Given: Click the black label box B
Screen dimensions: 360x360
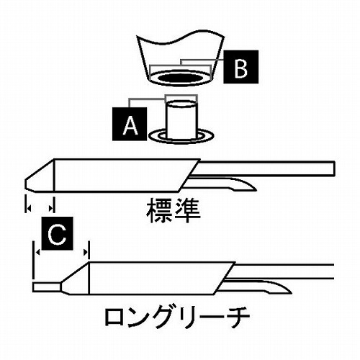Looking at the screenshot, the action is pyautogui.click(x=240, y=67).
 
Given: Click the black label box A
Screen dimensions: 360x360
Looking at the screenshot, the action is pyautogui.click(x=130, y=124).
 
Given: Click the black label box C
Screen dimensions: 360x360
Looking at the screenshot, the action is pyautogui.click(x=57, y=233).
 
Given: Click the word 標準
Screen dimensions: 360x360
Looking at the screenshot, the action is pyautogui.click(x=174, y=210).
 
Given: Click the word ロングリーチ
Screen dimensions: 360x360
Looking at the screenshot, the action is pyautogui.click(x=177, y=317).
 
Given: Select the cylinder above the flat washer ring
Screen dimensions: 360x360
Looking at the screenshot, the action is pyautogui.click(x=181, y=120).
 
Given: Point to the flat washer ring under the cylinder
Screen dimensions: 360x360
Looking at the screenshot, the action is pyautogui.click(x=181, y=136).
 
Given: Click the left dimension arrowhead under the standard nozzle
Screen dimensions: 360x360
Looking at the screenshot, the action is pyautogui.click(x=29, y=208).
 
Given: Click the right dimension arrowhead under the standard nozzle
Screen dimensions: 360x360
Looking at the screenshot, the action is pyautogui.click(x=51, y=208).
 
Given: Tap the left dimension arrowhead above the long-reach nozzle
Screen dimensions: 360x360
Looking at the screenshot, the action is pyautogui.click(x=37, y=252).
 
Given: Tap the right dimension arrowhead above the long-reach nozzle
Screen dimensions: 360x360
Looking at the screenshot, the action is pyautogui.click(x=85, y=252).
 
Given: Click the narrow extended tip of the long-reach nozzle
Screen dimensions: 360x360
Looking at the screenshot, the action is pyautogui.click(x=47, y=287).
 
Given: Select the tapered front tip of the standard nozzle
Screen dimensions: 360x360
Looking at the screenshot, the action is pyautogui.click(x=40, y=176).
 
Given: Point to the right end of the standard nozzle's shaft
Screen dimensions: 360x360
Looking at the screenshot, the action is pyautogui.click(x=334, y=168).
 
